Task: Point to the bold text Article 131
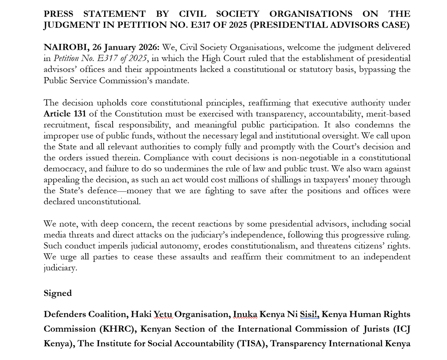click(65, 114)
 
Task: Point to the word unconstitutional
click(109, 202)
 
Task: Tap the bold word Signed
click(58, 293)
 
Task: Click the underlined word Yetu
click(163, 314)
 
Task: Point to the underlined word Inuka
click(245, 314)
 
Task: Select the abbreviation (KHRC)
click(117, 329)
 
